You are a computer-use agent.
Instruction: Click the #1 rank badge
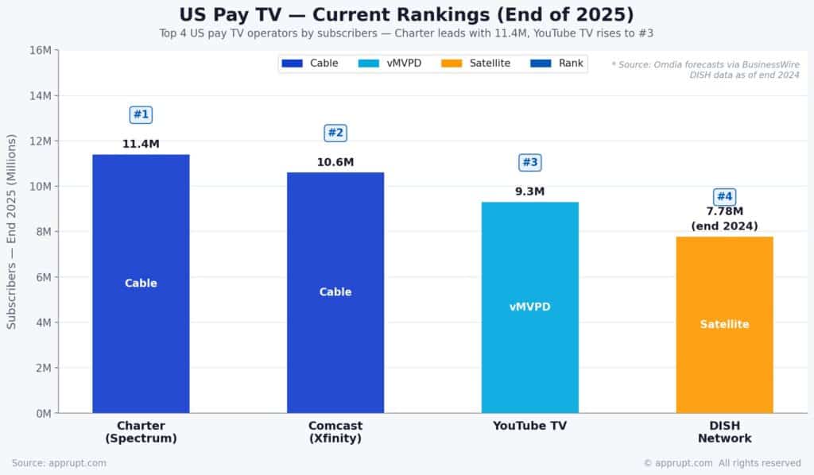point(141,114)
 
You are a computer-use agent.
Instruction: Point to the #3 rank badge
point(530,162)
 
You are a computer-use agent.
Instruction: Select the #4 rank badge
point(724,196)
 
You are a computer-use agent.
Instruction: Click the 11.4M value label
point(141,145)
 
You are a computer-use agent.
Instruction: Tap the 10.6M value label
point(335,162)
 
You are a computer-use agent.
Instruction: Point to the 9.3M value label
point(530,191)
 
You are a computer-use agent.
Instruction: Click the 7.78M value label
point(724,211)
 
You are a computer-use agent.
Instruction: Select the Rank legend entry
point(556,64)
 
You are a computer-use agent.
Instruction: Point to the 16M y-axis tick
point(41,50)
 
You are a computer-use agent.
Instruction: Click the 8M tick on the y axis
point(43,232)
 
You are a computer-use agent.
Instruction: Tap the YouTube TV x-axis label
point(530,426)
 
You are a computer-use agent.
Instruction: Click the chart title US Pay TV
point(407,15)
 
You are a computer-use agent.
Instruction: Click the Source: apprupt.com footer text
point(59,463)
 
